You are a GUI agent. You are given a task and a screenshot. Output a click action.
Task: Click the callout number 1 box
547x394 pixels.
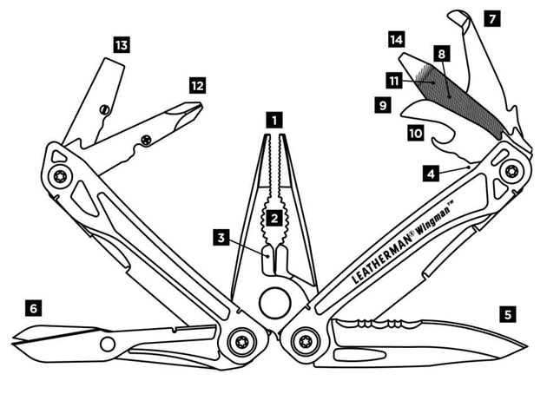(274, 119)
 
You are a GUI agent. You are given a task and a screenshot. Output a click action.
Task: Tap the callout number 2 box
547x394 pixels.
(274, 217)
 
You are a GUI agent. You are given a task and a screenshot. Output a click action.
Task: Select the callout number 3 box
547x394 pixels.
(223, 236)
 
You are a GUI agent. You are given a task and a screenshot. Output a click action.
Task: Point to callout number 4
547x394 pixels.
(431, 174)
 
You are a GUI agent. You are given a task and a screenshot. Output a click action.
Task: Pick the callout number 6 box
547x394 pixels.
(33, 307)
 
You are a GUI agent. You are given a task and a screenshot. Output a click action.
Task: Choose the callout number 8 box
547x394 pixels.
(442, 54)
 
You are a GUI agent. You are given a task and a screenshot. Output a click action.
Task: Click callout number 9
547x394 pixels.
(382, 105)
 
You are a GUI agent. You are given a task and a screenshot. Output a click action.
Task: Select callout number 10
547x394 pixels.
(415, 133)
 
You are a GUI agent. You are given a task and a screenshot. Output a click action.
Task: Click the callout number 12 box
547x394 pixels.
(197, 85)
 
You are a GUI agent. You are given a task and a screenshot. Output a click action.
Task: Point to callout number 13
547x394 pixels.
(122, 43)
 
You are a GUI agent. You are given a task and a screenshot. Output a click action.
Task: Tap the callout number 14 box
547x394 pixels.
(397, 39)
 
